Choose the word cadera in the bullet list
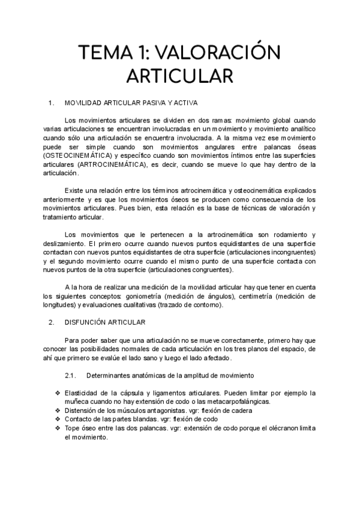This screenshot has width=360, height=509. click(x=239, y=411)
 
